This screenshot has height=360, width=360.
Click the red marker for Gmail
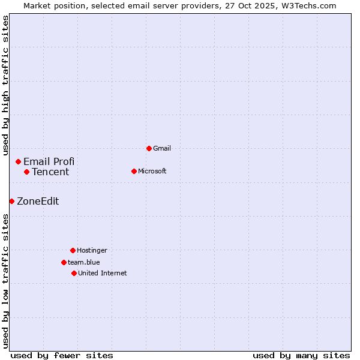click(149, 148)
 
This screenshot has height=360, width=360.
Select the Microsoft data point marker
click(134, 171)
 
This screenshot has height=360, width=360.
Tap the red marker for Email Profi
click(19, 161)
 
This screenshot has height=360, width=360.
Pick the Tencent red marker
click(26, 172)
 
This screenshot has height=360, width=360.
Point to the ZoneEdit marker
click(11, 201)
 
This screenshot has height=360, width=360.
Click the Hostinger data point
click(73, 250)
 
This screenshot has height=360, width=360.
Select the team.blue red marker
click(64, 262)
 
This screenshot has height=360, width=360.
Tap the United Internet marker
click(74, 273)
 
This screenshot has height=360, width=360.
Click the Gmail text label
click(162, 148)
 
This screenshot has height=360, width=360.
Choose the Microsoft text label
click(152, 171)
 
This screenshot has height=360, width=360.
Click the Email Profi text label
click(49, 161)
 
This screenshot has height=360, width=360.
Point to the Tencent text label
click(50, 172)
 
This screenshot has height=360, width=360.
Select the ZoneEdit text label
click(38, 201)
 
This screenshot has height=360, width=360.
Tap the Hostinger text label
click(92, 250)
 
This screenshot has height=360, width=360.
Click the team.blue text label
click(84, 262)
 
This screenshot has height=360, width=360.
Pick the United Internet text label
click(103, 273)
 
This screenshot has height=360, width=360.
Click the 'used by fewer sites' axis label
click(62, 355)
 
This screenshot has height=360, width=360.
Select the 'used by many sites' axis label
click(301, 355)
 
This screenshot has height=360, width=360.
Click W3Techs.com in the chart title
click(308, 5)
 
